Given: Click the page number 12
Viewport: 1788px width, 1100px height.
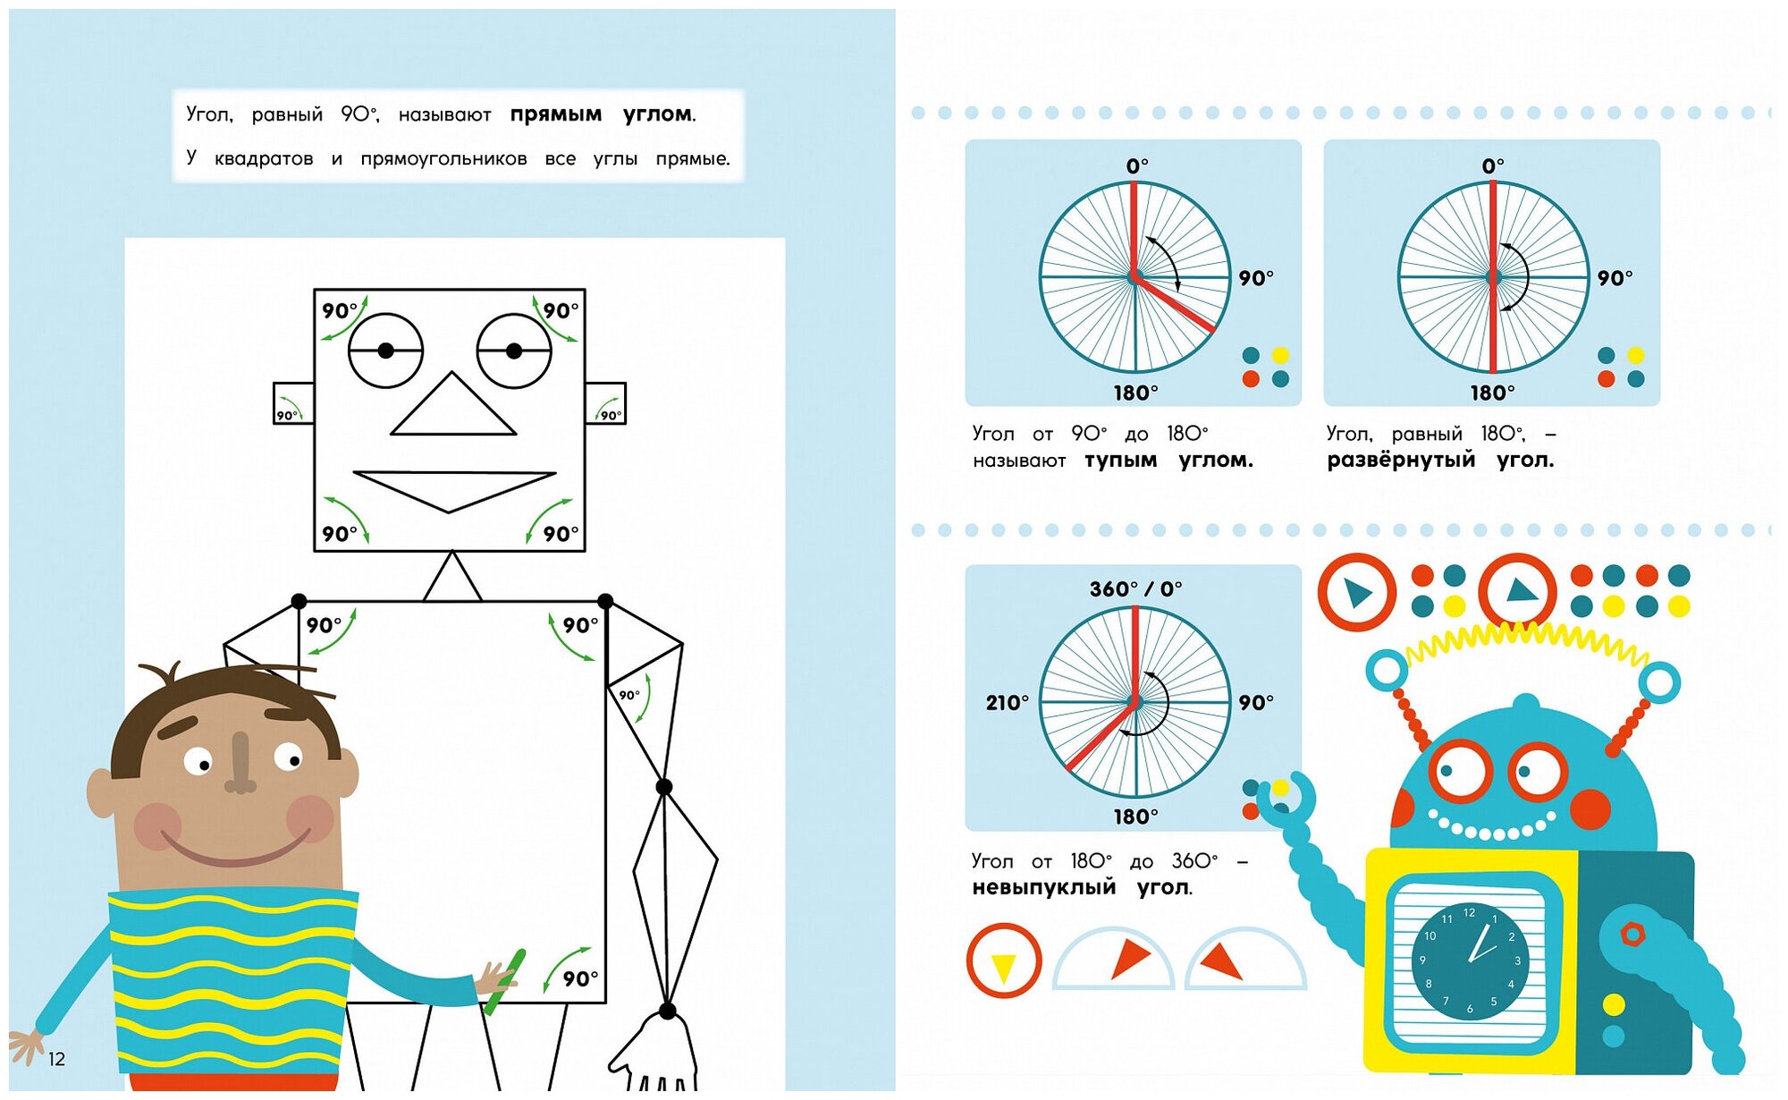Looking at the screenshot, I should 56,1060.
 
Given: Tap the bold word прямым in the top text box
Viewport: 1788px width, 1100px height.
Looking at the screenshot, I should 555,115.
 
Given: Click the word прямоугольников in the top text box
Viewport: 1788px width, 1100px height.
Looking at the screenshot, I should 443,159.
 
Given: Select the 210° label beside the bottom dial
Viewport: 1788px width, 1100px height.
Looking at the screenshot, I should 1007,703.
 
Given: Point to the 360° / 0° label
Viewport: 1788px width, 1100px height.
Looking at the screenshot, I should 1135,589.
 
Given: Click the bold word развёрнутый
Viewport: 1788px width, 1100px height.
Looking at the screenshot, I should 1400,461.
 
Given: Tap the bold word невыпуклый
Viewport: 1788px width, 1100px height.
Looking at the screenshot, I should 1043,888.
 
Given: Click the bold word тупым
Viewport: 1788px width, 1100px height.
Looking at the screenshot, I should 1120,461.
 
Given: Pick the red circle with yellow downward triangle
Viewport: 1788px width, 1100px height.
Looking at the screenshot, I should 1003,961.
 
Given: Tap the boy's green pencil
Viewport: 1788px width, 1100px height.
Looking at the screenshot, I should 505,981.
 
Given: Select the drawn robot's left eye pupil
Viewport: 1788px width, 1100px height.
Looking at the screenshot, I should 385,351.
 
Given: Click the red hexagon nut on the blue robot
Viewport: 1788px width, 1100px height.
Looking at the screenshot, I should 1632,935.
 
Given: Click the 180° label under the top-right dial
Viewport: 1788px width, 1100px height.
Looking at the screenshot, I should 1492,393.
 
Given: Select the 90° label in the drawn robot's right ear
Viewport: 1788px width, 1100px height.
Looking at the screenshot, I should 610,415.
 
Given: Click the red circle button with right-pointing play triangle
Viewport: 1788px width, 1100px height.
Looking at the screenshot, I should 1356,593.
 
